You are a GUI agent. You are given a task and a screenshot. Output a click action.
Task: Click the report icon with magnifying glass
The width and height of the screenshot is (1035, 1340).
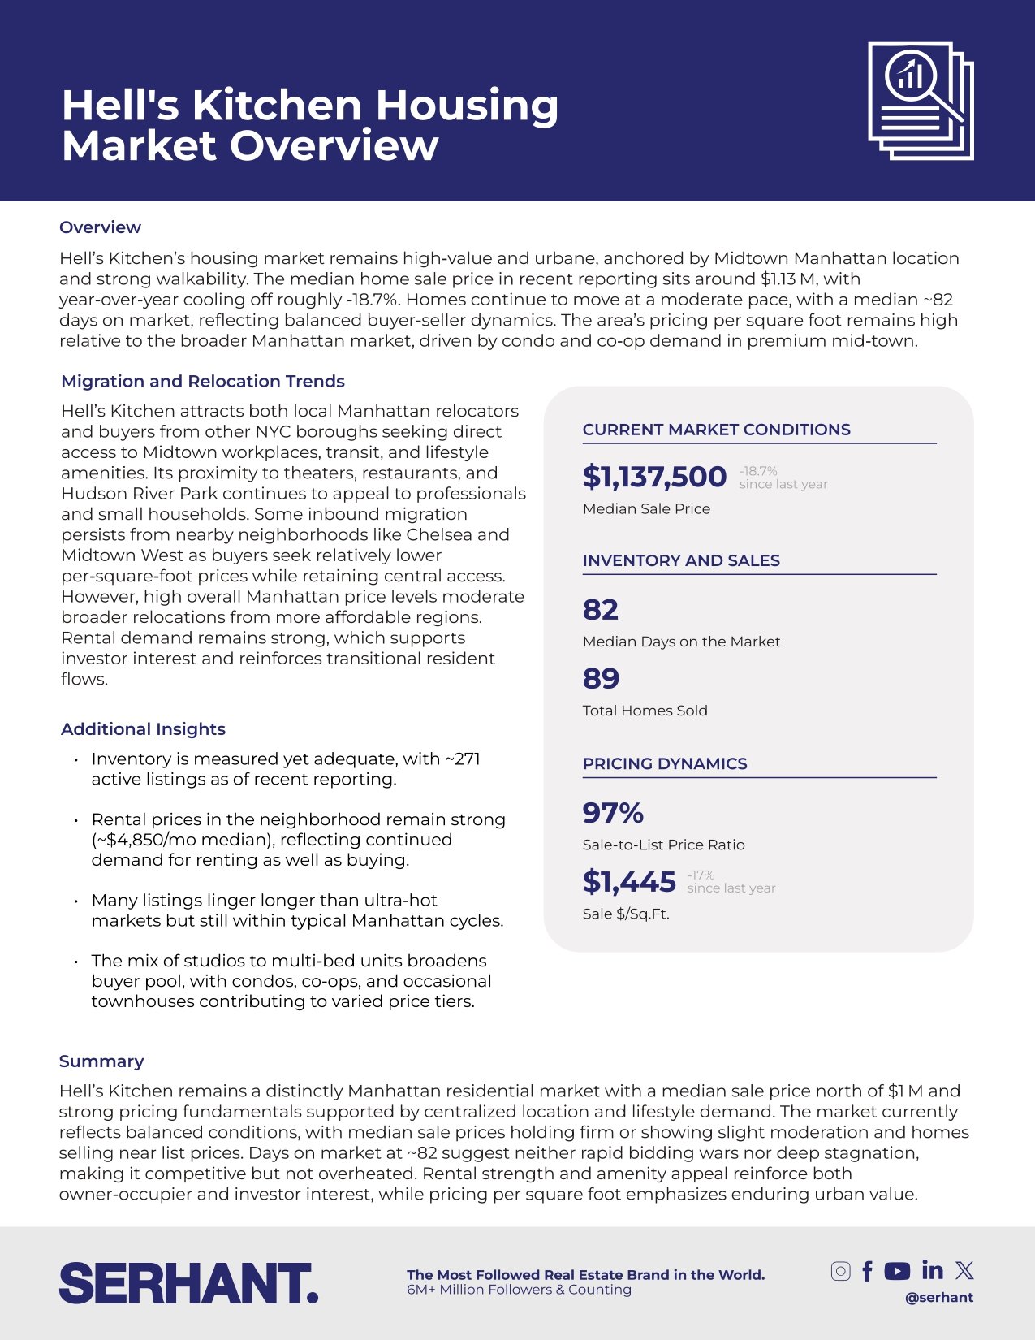(x=921, y=101)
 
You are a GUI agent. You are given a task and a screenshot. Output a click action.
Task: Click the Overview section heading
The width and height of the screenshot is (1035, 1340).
(x=100, y=227)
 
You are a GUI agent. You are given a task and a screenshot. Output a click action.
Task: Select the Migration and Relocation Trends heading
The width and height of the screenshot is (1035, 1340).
(x=203, y=381)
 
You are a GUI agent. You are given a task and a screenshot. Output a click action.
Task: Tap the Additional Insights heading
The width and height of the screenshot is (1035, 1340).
(x=143, y=728)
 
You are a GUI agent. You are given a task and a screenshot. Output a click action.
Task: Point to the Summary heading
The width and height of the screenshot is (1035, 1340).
(x=101, y=1061)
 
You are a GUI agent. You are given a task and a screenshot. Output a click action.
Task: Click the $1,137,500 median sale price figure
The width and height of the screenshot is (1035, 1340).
(x=654, y=477)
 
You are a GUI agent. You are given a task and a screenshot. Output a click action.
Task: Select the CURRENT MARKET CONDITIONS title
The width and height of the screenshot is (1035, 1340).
(x=716, y=430)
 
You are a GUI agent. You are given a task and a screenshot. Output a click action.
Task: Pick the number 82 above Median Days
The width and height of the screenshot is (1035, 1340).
(x=601, y=610)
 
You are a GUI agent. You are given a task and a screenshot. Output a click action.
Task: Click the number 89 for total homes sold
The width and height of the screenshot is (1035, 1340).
(x=601, y=679)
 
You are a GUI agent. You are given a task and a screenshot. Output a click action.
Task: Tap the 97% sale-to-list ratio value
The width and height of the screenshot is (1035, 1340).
(x=613, y=813)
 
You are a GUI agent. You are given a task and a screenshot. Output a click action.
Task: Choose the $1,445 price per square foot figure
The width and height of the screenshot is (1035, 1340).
(x=629, y=882)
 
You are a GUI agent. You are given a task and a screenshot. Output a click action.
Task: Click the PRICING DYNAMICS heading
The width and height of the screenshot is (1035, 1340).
(x=665, y=763)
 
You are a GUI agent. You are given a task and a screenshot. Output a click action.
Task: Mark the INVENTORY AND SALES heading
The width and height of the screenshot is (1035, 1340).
(x=681, y=560)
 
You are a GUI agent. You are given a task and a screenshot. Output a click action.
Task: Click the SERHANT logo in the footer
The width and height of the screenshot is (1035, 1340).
(x=188, y=1283)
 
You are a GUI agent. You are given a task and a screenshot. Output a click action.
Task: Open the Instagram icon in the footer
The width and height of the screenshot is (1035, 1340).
(x=841, y=1271)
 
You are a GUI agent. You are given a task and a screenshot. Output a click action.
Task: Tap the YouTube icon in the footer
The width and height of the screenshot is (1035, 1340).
(x=897, y=1271)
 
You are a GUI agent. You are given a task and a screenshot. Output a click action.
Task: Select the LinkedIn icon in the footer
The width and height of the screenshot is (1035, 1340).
(x=933, y=1270)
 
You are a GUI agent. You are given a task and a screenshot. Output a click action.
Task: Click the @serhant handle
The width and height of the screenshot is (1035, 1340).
(x=939, y=1297)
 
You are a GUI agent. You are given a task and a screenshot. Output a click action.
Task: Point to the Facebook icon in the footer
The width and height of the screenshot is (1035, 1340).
(x=868, y=1271)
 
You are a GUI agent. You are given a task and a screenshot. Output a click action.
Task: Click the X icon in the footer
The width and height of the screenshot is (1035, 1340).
(x=964, y=1270)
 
